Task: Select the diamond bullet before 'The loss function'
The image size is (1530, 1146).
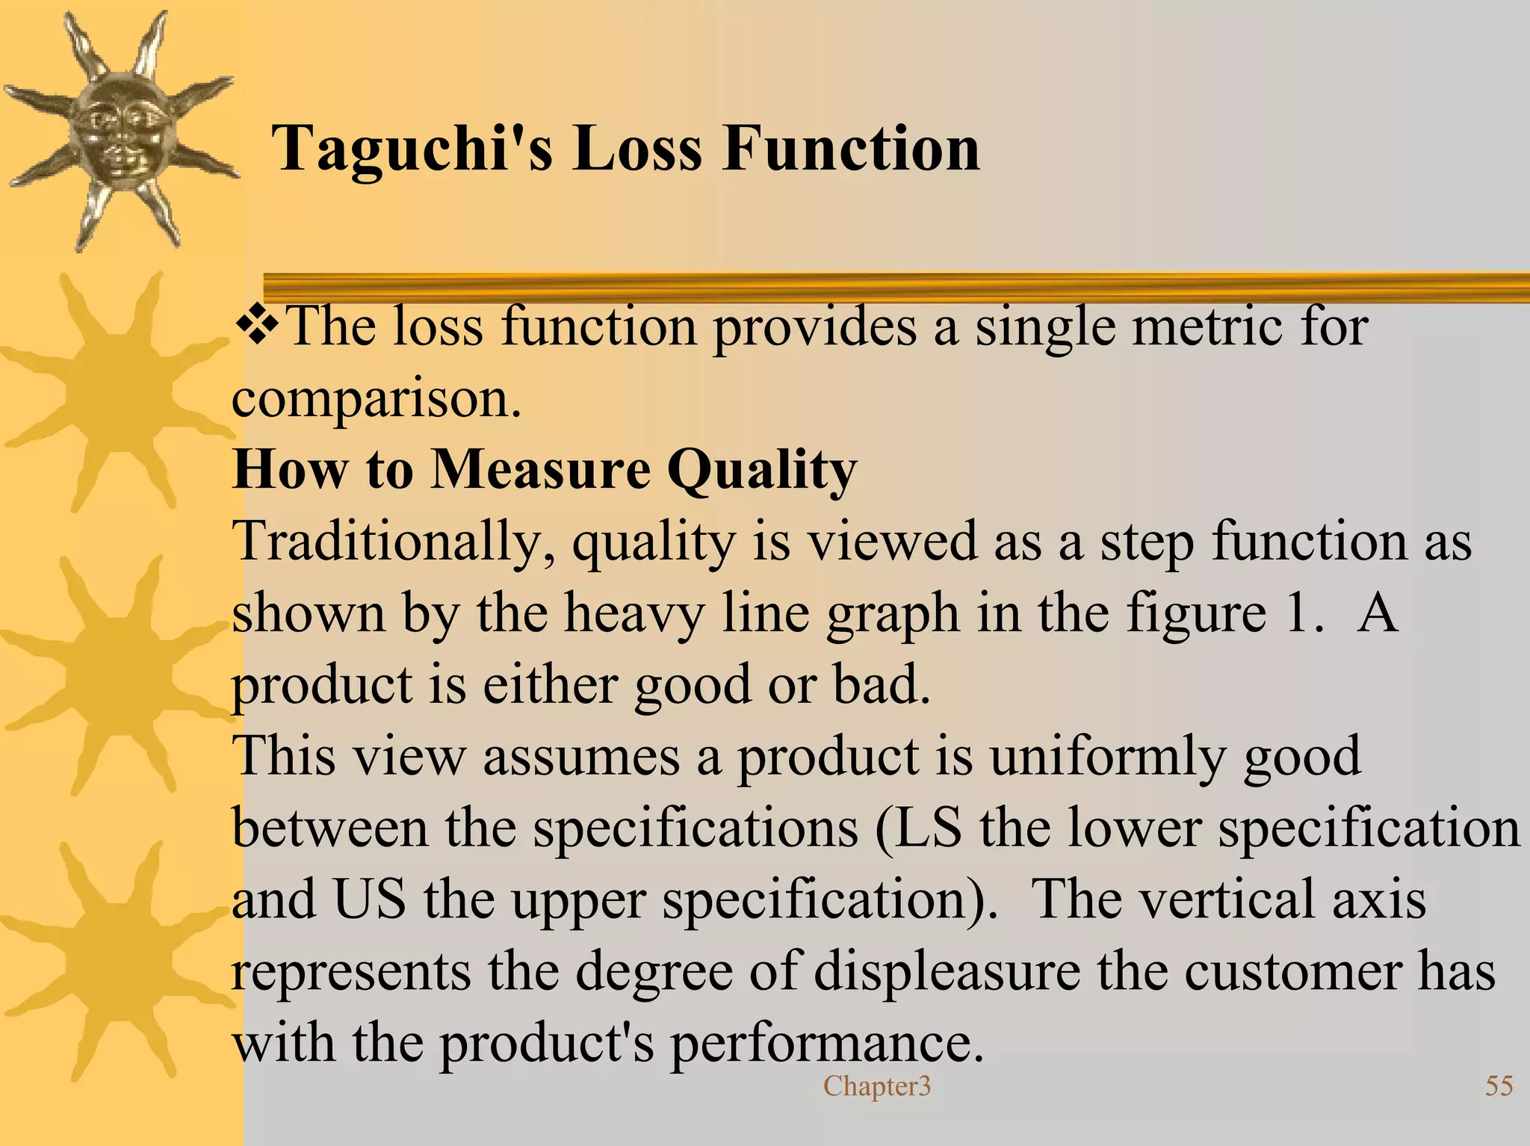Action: (x=256, y=327)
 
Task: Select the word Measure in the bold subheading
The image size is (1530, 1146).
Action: (x=541, y=470)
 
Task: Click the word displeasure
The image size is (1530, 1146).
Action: (x=946, y=971)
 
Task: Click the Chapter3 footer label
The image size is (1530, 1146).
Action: (x=877, y=1085)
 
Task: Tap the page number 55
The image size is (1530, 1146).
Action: (x=1499, y=1085)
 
